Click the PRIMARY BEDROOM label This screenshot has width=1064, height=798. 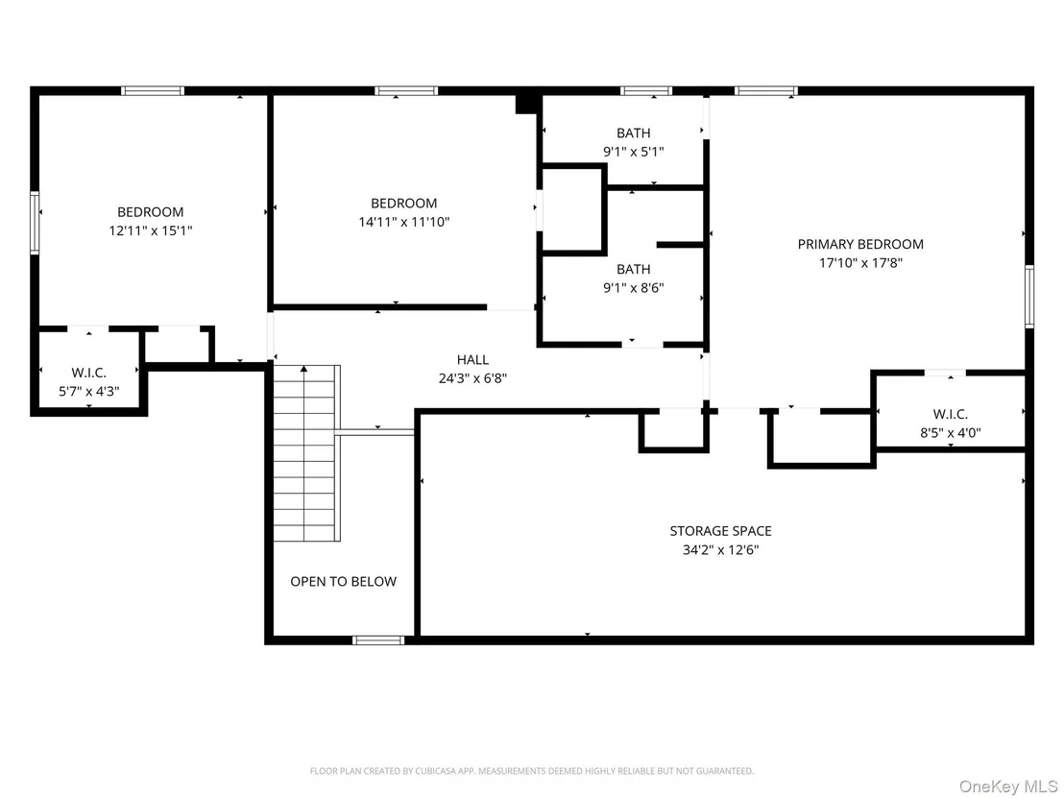(859, 244)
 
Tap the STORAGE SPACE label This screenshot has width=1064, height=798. (720, 531)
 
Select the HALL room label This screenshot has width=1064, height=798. (472, 360)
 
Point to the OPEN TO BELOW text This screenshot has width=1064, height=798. (344, 582)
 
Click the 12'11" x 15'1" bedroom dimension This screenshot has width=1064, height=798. (151, 230)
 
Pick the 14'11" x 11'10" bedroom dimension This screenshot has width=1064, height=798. (404, 222)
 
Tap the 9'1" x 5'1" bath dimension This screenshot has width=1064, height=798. (633, 152)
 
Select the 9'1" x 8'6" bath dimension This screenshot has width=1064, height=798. (633, 288)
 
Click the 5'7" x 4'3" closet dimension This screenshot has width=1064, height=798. (89, 392)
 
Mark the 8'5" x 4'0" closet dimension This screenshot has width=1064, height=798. (950, 433)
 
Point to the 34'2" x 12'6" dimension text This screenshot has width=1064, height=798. (720, 550)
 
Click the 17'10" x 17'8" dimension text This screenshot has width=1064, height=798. (860, 263)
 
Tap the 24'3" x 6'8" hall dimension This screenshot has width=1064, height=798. (472, 378)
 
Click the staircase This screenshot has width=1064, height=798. (306, 453)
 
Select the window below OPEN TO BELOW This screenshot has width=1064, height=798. (378, 640)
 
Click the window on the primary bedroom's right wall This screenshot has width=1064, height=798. (1029, 297)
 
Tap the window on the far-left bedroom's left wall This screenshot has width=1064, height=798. (35, 223)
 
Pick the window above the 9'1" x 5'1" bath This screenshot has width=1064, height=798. (646, 91)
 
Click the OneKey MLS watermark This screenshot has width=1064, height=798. (1008, 787)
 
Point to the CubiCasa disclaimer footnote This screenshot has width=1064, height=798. (531, 771)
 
